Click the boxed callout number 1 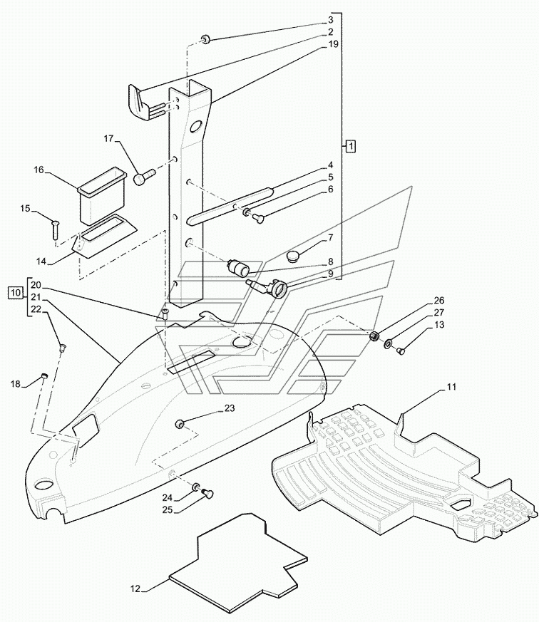click(x=351, y=146)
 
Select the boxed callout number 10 click(x=15, y=293)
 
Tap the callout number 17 click(x=109, y=138)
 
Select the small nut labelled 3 click(x=205, y=39)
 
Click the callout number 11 click(x=451, y=387)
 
